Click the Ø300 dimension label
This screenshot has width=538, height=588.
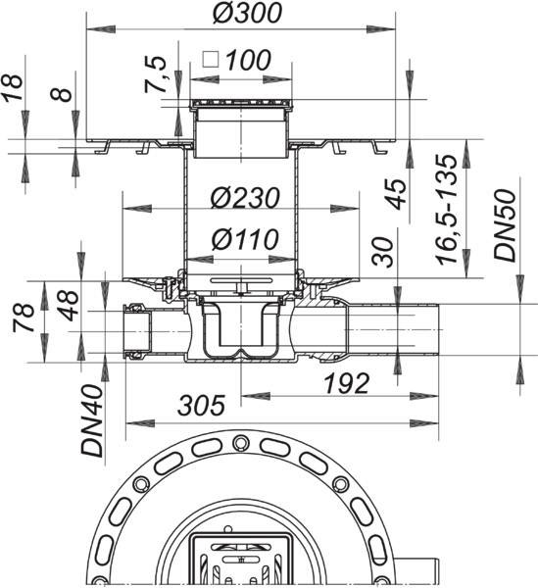click(247, 13)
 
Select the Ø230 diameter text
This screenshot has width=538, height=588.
click(245, 198)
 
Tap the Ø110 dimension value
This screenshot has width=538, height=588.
click(245, 239)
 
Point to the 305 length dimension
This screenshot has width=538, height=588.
click(201, 405)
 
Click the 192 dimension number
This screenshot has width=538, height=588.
click(347, 383)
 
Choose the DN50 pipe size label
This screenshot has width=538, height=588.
click(505, 225)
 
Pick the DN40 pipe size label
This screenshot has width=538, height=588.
click(92, 421)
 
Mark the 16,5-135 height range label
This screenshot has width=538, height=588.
click(447, 209)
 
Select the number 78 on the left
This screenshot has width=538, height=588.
click(24, 318)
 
